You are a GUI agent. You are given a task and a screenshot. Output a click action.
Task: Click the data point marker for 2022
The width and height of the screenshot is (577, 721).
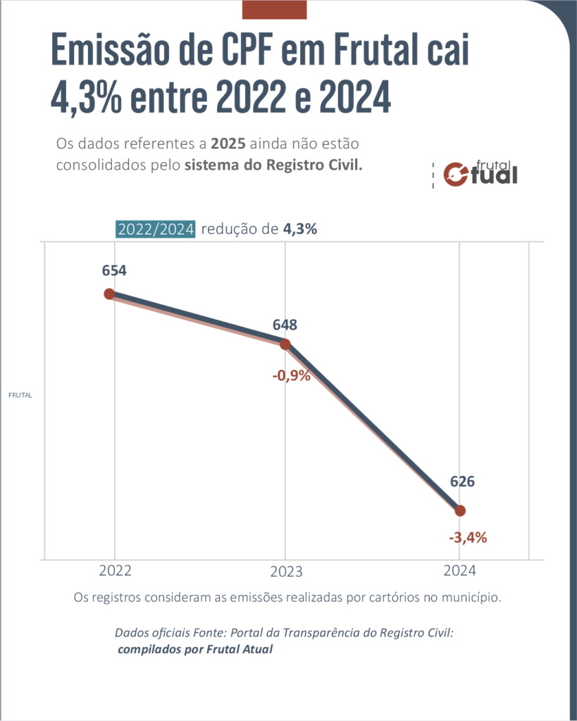109,294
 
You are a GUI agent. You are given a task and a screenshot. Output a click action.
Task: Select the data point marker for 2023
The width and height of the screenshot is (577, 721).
285,344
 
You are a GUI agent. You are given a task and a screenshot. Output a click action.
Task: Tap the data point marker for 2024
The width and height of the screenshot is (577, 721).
461,510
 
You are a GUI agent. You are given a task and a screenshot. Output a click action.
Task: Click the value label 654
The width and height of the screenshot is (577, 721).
113,270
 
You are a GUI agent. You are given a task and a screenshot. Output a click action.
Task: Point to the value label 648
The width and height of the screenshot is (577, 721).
285,325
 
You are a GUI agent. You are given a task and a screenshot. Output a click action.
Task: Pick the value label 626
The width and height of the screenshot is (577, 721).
463,482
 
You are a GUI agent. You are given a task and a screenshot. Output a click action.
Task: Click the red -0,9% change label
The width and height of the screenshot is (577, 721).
292,375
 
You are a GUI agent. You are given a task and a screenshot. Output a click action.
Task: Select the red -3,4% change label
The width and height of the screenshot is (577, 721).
468,538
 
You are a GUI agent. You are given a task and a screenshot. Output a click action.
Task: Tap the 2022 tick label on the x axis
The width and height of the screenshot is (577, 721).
115,571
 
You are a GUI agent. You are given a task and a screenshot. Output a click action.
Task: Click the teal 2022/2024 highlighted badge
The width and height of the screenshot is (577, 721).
156,230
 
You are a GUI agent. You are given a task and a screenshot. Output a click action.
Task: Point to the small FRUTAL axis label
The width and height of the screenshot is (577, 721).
20,396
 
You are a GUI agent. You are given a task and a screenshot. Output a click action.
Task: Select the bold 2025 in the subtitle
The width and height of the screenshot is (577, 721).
228,144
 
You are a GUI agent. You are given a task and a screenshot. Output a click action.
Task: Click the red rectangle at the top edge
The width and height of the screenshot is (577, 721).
274,9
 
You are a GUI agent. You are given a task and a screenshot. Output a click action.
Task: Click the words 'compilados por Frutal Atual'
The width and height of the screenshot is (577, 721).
195,649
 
